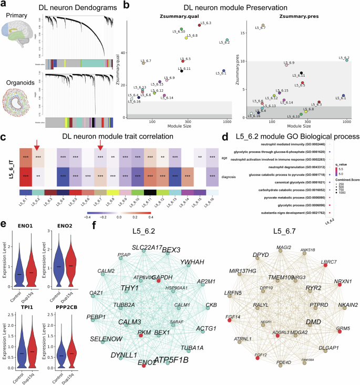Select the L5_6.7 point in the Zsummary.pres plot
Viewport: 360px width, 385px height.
263,25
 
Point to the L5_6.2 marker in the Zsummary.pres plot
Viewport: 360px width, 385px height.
347,60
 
